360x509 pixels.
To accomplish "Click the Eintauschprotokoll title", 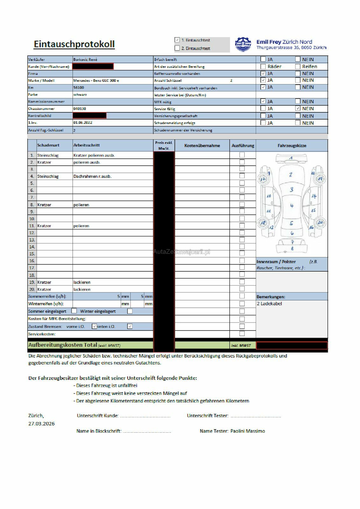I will (x=74, y=44).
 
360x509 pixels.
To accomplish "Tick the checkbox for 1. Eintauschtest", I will (x=177, y=40).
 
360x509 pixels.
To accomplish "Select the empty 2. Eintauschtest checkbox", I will (x=177, y=48).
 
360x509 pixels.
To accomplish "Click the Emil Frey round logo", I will (x=243, y=45).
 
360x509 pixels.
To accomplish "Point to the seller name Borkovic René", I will (x=85, y=59).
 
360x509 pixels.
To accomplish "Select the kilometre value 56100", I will (x=79, y=87).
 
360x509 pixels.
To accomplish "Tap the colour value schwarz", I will (x=80, y=94).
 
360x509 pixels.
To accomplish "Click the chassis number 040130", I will (x=80, y=108).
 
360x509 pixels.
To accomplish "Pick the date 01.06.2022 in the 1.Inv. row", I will (x=83, y=122).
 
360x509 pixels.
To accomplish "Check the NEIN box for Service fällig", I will (x=298, y=108).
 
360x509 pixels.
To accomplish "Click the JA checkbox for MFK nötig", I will (x=263, y=101).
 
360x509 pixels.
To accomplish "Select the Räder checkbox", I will (x=263, y=66).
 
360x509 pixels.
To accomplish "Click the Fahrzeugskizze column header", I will (x=292, y=145).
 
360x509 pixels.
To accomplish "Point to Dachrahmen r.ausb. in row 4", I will (x=92, y=176).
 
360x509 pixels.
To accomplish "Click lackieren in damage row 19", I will (x=82, y=282).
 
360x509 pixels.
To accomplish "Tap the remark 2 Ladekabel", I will (x=269, y=303).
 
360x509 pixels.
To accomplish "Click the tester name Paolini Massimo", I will (x=248, y=431).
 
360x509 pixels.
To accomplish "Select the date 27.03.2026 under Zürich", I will (x=41, y=423).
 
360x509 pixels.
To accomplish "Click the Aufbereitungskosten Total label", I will (x=62, y=345).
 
